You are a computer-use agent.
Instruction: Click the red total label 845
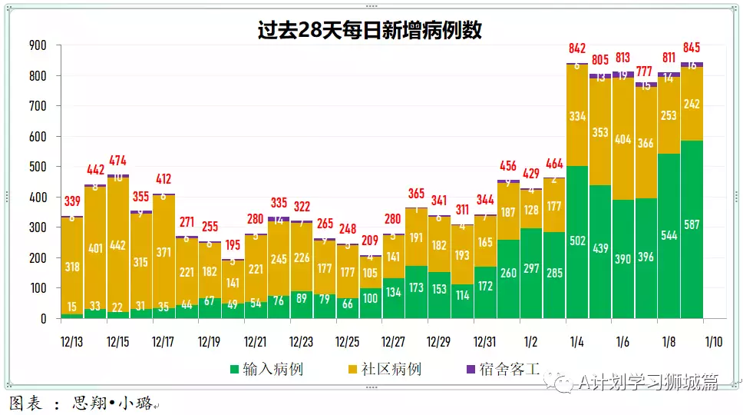pos(692,48)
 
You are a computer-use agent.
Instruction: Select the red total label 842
pos(577,49)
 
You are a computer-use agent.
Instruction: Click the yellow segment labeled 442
pos(118,245)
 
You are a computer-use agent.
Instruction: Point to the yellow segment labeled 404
pos(623,140)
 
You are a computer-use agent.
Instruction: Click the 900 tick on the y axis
pos(38,45)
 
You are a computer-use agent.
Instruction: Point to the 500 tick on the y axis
pos(38,167)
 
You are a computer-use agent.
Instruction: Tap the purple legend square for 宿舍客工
pos(471,370)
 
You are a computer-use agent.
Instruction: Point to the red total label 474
pos(118,161)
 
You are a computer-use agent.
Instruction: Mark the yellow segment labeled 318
pos(72,266)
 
